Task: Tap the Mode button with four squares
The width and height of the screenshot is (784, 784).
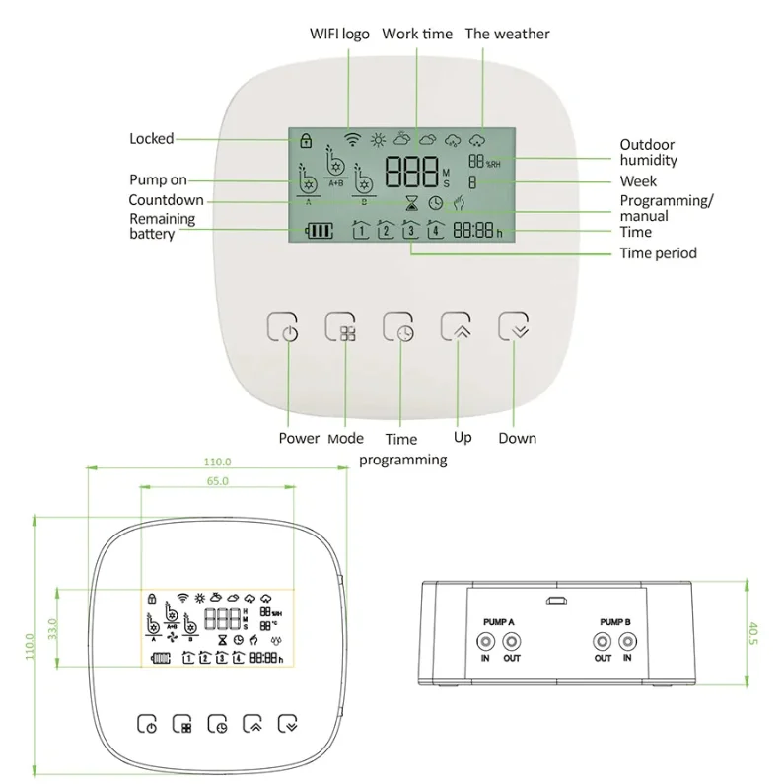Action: (x=341, y=329)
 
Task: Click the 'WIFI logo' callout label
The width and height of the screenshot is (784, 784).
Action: (x=341, y=35)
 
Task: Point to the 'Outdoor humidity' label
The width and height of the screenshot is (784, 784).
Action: (x=648, y=152)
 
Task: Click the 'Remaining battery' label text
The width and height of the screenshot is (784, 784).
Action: (x=162, y=226)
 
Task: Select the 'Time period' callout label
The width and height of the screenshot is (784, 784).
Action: (x=658, y=253)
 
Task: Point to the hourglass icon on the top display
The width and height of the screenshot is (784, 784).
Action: (x=412, y=203)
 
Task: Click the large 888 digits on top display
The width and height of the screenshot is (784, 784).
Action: (x=411, y=174)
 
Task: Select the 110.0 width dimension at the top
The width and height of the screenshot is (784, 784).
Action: (x=217, y=462)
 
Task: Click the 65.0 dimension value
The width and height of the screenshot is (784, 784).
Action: (x=218, y=481)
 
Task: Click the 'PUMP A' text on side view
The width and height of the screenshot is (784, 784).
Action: (x=498, y=622)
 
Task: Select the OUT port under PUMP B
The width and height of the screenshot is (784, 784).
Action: (x=603, y=642)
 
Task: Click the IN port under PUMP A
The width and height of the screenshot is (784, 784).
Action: (x=485, y=642)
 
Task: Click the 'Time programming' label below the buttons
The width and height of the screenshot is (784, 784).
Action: (x=401, y=449)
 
